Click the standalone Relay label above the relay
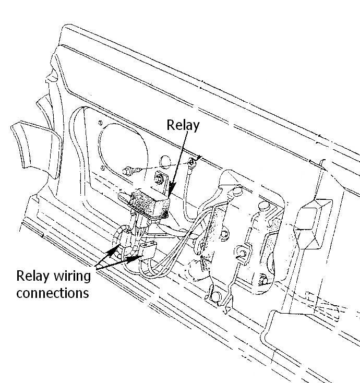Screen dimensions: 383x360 pyautogui.click(x=183, y=125)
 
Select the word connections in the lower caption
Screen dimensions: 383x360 pyautogui.click(x=52, y=292)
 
